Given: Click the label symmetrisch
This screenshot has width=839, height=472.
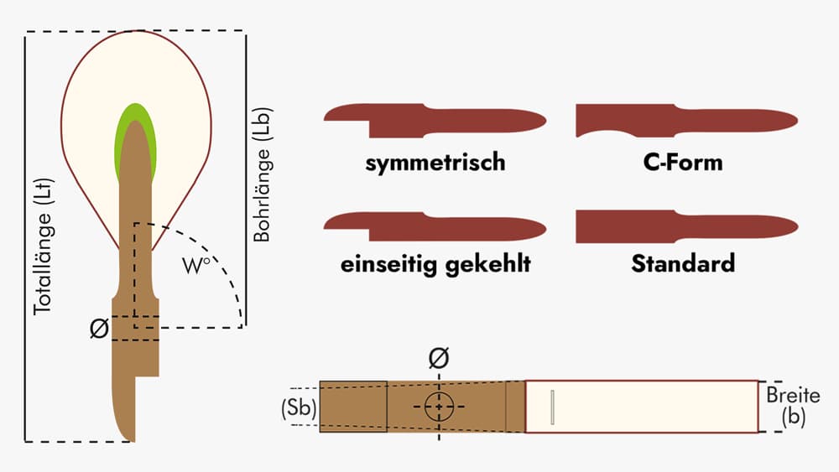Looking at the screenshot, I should pos(435,161).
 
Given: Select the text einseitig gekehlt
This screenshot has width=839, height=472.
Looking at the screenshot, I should pos(435,265).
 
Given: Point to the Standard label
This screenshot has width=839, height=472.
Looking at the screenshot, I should pos(683,264).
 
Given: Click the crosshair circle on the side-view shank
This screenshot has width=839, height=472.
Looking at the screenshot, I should pos(438,407).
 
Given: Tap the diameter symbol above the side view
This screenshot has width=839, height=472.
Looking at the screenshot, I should pos(438,359).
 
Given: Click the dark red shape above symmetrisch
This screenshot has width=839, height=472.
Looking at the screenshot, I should pos(435,119).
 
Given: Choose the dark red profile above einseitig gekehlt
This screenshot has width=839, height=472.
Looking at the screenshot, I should pos(435,225).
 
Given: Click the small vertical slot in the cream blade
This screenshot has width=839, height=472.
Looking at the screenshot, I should pos(552,406).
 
